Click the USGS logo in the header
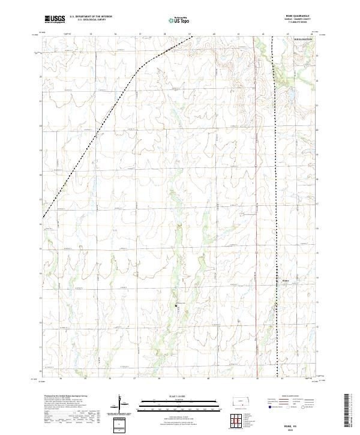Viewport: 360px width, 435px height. [55, 19]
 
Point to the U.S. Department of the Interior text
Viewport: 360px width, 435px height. [91, 17]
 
